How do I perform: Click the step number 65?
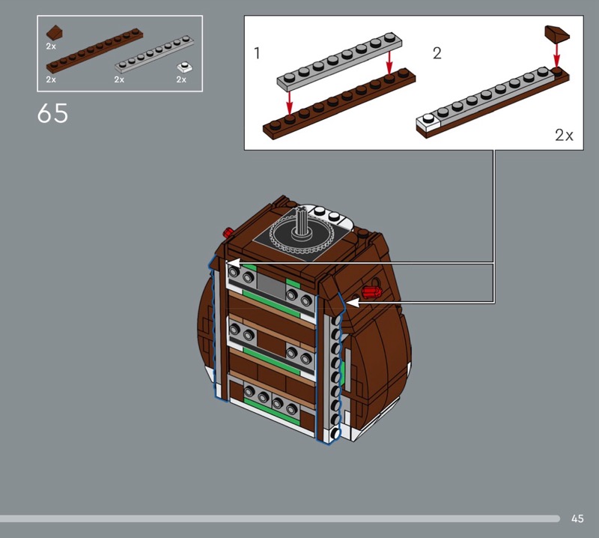(52, 113)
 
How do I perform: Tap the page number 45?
(577, 519)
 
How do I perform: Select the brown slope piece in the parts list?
(55, 32)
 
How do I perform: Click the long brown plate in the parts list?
(95, 50)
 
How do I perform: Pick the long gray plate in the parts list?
(154, 54)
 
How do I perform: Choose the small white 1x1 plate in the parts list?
(184, 67)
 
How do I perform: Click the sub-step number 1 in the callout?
(257, 52)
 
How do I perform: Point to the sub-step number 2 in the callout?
(437, 52)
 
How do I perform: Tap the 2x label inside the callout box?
(564, 135)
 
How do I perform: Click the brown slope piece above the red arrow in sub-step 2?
(557, 34)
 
